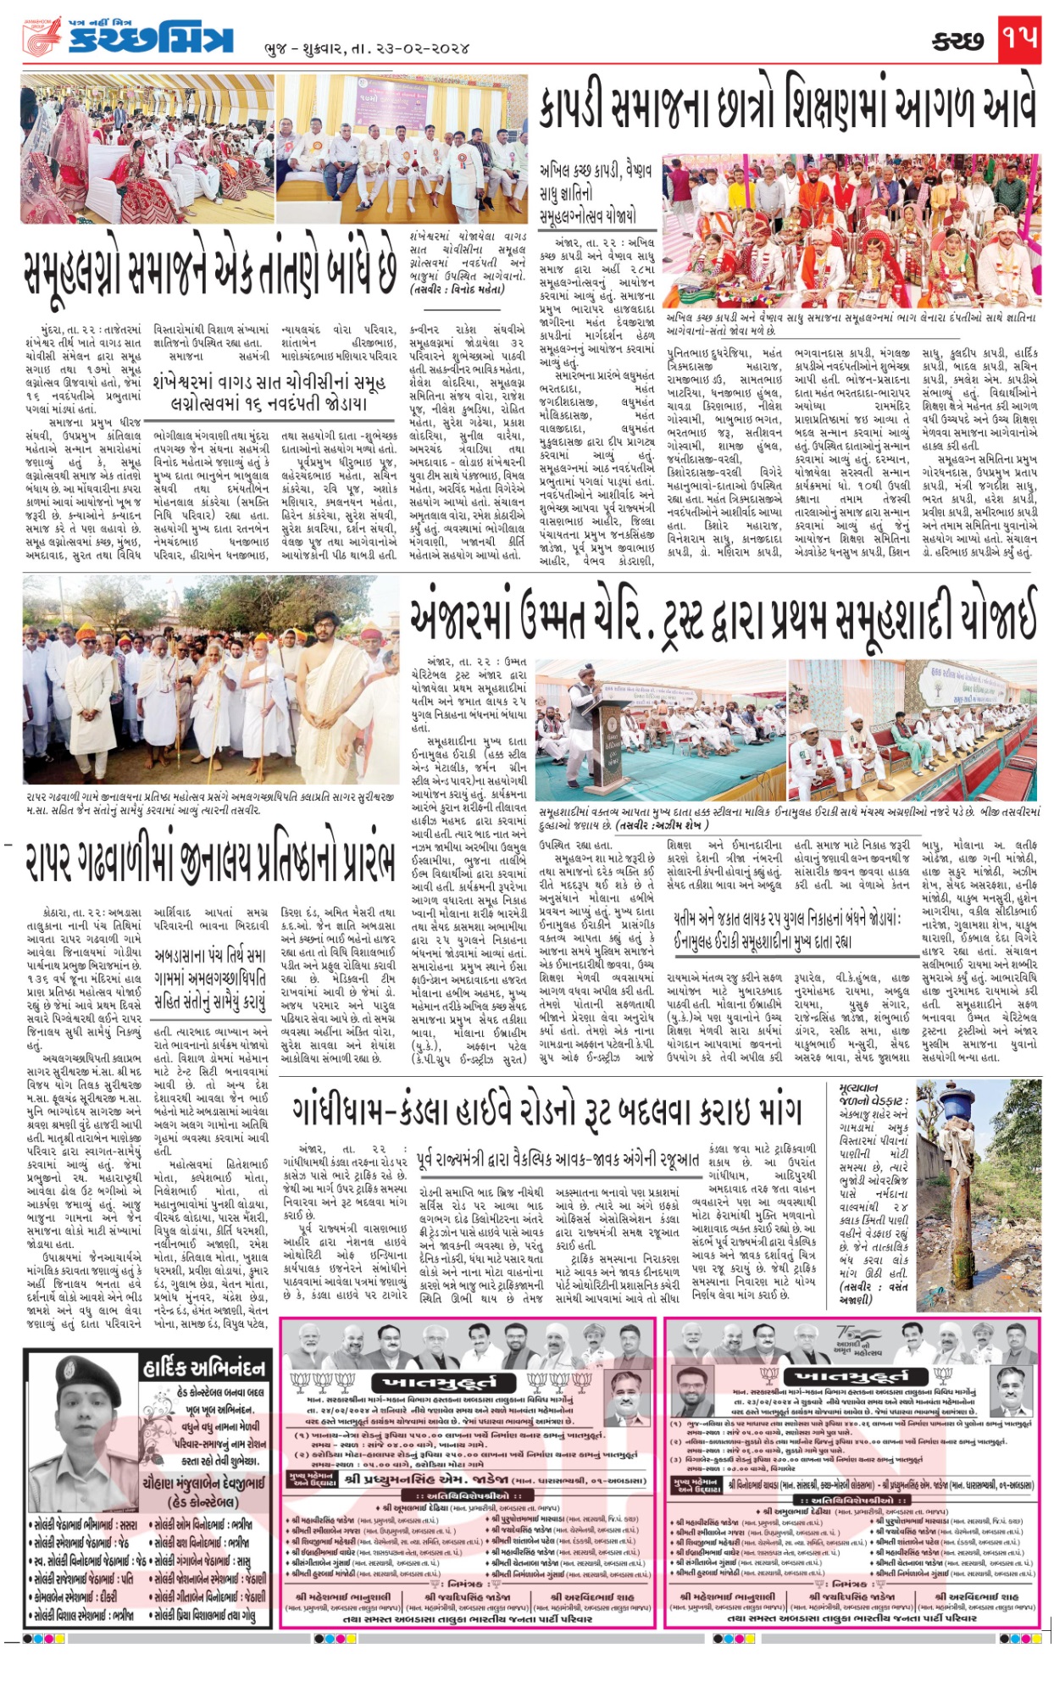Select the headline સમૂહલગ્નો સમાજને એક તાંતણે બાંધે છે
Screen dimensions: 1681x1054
(210, 270)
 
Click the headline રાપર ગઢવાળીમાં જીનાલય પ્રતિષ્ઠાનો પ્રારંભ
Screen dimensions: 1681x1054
(209, 850)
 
